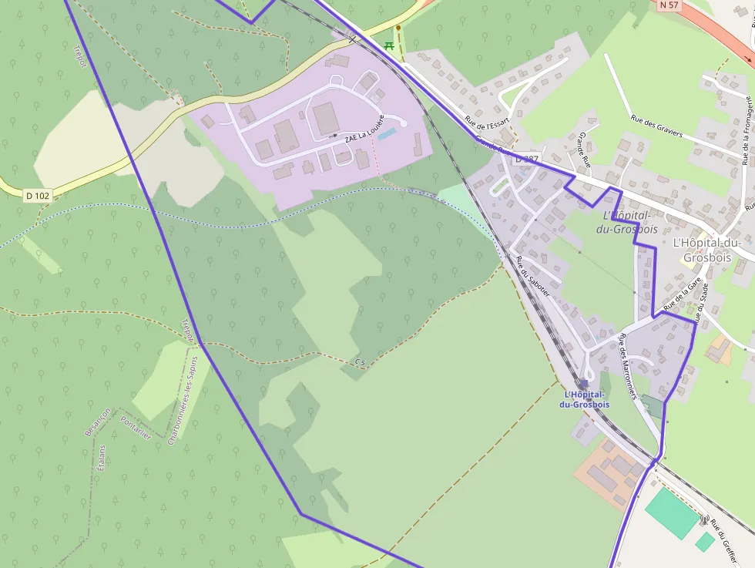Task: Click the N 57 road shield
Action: [669, 5]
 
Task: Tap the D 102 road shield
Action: [37, 196]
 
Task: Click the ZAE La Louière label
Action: [364, 136]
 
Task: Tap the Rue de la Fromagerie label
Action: [746, 131]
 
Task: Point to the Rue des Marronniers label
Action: [628, 365]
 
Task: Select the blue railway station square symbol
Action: [584, 383]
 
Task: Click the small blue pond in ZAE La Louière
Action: [387, 134]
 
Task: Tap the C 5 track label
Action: [360, 361]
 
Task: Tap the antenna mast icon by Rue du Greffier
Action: [703, 521]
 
